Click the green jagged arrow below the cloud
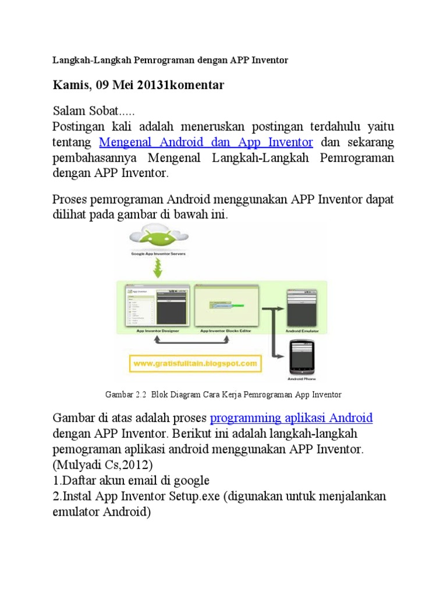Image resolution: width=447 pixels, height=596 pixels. pyautogui.click(x=155, y=268)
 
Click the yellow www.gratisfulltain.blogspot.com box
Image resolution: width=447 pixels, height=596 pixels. pyautogui.click(x=196, y=364)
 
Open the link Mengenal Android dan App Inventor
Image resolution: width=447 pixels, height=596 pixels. pyautogui.click(x=207, y=142)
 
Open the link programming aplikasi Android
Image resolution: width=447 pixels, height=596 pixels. pyautogui.click(x=291, y=417)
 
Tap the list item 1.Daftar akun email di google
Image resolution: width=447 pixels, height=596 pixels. pyautogui.click(x=131, y=480)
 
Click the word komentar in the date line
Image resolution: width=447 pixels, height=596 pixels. pyautogui.click(x=198, y=86)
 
